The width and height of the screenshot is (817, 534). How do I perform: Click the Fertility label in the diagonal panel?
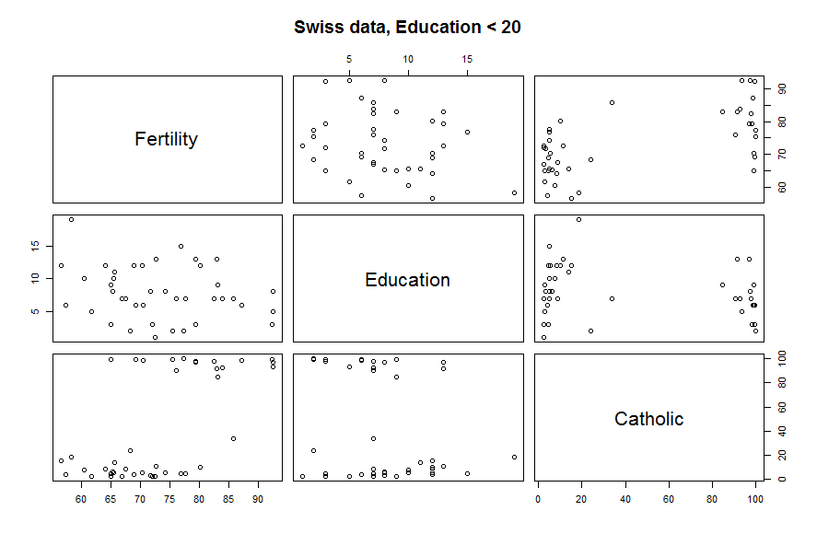click(166, 139)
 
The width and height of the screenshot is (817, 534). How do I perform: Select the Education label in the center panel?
click(407, 280)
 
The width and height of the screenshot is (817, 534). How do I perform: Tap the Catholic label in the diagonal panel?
click(648, 419)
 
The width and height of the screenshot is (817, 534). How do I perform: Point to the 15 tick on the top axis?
click(467, 59)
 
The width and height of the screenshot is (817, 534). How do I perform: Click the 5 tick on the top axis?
click(349, 59)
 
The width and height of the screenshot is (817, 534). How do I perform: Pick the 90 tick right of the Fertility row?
click(780, 88)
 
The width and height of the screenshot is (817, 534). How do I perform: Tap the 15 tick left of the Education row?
click(38, 246)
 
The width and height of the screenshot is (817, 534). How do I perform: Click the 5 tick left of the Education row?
click(38, 311)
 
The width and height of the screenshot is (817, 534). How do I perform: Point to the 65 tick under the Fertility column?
click(111, 499)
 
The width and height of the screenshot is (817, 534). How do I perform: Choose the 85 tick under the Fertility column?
click(228, 499)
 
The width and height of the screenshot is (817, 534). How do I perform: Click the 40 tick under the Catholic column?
click(624, 499)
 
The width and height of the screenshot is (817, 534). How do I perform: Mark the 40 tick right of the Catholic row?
click(780, 430)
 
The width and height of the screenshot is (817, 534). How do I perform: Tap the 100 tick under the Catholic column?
click(754, 499)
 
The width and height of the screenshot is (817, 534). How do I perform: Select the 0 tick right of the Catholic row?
click(780, 479)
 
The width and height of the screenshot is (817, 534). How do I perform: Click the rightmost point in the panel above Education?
click(514, 192)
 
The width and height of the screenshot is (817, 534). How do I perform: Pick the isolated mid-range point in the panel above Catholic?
click(612, 102)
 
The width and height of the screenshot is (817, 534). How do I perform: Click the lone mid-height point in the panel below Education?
click(373, 438)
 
